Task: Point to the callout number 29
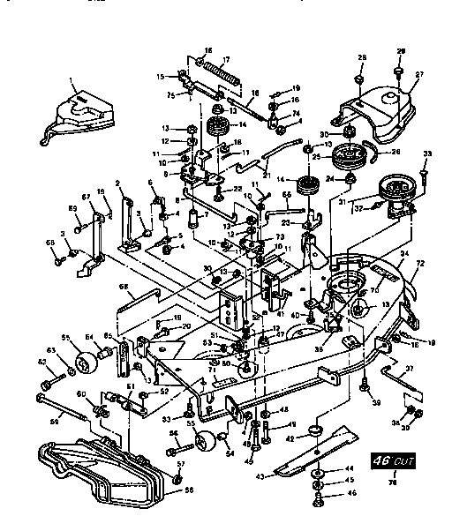click(401, 51)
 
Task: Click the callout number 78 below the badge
click(394, 481)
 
